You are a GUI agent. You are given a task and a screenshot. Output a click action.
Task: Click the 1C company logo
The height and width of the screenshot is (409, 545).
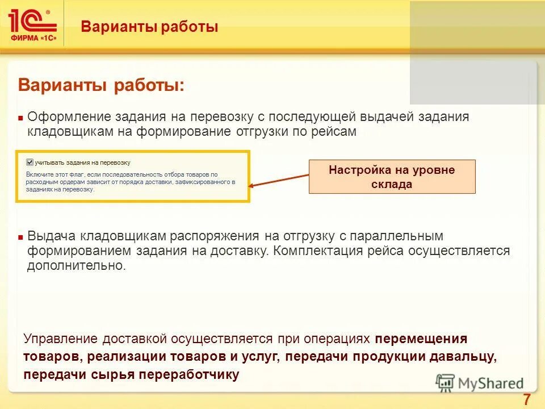[x=32, y=24]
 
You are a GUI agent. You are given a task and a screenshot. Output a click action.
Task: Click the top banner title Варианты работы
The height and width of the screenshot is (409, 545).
[x=149, y=27]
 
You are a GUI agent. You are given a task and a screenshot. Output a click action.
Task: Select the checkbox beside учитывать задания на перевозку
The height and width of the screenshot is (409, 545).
[x=30, y=161]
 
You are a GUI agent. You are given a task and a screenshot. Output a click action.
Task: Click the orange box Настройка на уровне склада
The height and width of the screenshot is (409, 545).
[x=392, y=177]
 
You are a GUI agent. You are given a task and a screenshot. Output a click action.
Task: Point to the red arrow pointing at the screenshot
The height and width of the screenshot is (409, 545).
[x=278, y=177]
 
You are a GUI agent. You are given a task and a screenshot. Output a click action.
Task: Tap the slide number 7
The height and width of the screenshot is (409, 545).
[x=526, y=399]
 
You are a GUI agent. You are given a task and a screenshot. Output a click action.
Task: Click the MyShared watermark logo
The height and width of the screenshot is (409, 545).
[x=479, y=383]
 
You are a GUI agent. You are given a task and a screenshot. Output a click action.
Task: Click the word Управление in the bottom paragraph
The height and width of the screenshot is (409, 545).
[x=62, y=339]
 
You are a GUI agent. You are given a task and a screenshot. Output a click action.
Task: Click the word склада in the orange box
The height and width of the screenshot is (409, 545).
[x=392, y=185]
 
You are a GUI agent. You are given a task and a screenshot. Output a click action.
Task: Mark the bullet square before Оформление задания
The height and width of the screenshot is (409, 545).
[x=20, y=118]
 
